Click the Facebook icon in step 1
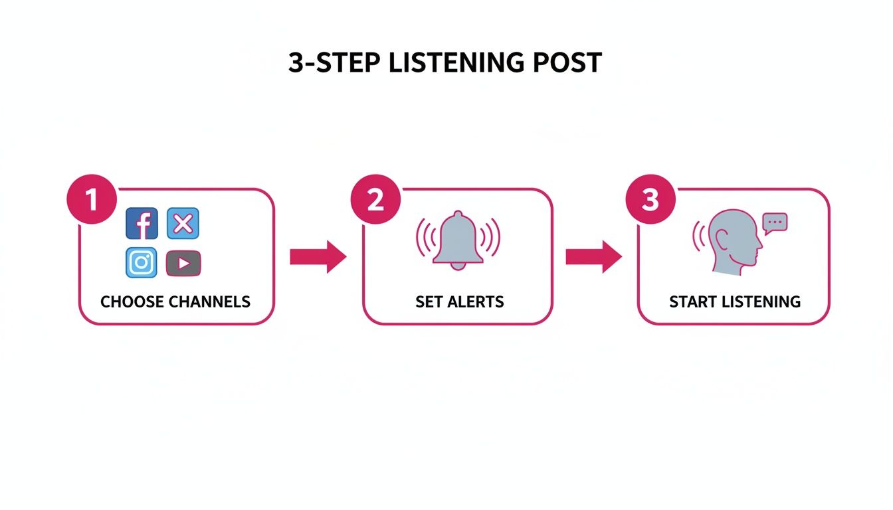142,223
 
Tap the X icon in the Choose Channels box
183,223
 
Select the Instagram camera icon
142,262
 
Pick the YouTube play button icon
183,264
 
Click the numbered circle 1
92,200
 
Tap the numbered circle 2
375,200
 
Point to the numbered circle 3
650,200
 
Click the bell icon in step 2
457,239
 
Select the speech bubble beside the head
775,223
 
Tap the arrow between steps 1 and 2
318,257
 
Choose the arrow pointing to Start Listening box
593,257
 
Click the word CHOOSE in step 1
132,302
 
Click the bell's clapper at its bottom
457,267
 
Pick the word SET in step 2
429,302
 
